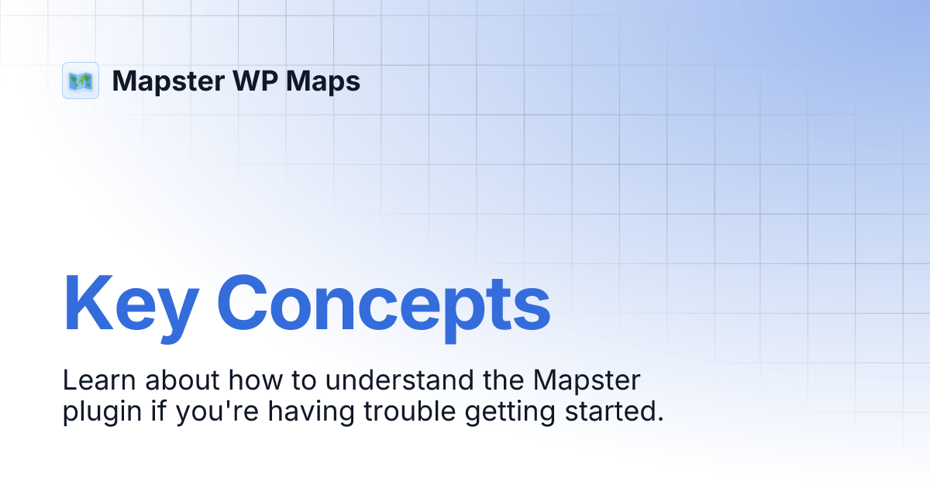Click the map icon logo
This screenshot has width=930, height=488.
(81, 81)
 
